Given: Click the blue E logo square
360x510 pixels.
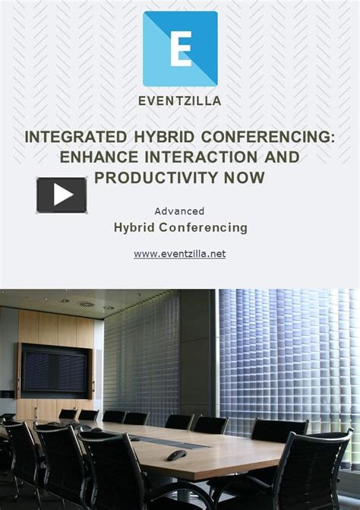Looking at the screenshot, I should [180, 49].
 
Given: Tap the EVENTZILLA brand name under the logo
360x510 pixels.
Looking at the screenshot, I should [180, 100].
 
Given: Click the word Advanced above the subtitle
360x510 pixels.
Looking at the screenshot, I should [179, 211].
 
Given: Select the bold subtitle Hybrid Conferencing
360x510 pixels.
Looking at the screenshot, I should [180, 227].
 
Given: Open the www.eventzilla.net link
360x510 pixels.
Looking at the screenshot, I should [180, 254].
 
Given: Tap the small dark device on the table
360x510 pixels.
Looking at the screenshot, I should [176, 455].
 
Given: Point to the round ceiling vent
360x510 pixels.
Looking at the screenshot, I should [85, 304].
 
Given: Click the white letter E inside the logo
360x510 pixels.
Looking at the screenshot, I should [181, 49].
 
